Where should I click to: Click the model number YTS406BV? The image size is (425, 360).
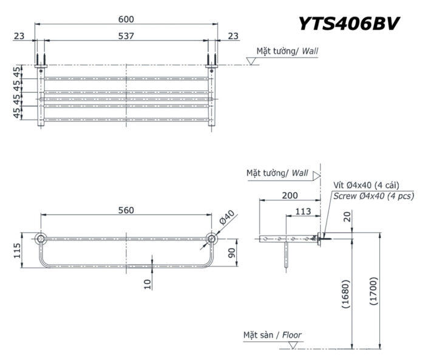pyautogui.click(x=348, y=24)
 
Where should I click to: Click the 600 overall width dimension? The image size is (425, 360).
pyautogui.click(x=126, y=19)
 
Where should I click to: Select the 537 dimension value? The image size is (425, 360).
pyautogui.click(x=126, y=36)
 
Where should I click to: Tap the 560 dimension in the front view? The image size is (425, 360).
pyautogui.click(x=126, y=210)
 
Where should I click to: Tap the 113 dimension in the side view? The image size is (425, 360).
pyautogui.click(x=302, y=211)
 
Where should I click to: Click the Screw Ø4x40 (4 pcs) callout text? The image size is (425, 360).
pyautogui.click(x=373, y=195)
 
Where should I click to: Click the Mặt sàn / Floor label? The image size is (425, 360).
pyautogui.click(x=272, y=335)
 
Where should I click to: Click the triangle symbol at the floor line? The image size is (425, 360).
pyautogui.click(x=293, y=345)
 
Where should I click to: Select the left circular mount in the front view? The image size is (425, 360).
pyautogui.click(x=41, y=238)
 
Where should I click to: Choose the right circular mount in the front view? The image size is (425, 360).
pyautogui.click(x=212, y=238)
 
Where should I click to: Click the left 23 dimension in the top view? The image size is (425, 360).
pyautogui.click(x=19, y=36)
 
